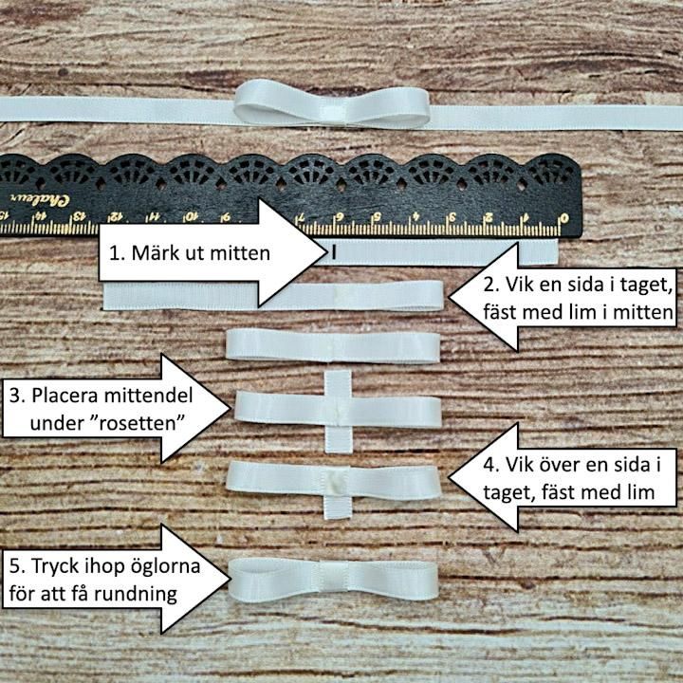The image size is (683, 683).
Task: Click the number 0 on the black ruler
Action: click(564, 218)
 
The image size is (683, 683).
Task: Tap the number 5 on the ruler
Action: click(378, 216)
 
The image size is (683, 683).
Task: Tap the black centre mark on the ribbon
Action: click(334, 251)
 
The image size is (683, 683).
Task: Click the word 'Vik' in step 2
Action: click(519, 285)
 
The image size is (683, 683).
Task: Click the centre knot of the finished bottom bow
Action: click(334, 577)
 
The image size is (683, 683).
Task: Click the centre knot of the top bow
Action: click(331, 111)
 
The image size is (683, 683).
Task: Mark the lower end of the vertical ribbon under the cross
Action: click(338, 452)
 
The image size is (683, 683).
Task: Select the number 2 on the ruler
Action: click(489, 217)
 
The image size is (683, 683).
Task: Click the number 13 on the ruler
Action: click(79, 216)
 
